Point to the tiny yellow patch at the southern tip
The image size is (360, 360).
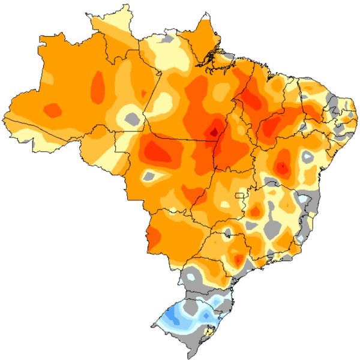click(209, 330)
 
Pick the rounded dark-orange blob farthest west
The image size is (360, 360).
click(53, 110)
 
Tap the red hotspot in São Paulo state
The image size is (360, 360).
click(238, 260)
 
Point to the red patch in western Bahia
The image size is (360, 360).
click(282, 166)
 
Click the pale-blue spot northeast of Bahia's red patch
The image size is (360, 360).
click(307, 157)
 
